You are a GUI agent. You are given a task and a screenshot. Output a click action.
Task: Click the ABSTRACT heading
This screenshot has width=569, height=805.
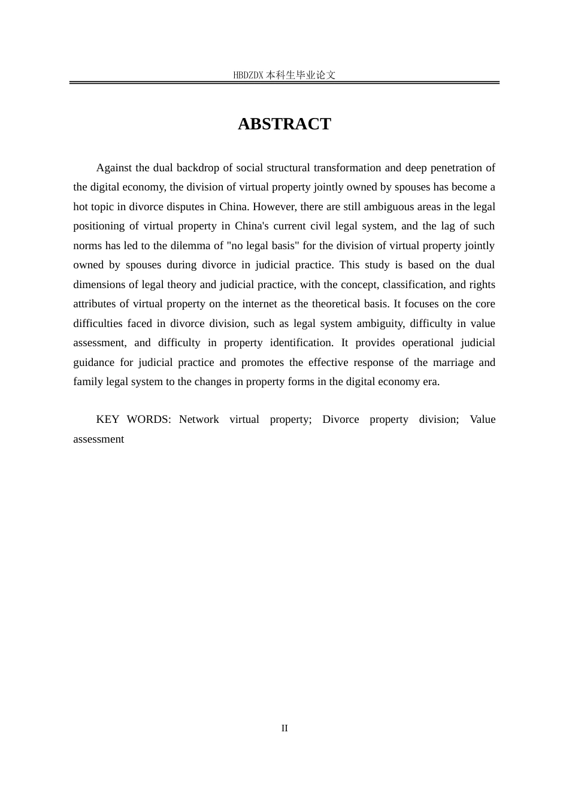coord(284,124)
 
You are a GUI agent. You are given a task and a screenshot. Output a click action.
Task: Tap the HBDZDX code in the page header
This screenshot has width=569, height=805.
coord(248,75)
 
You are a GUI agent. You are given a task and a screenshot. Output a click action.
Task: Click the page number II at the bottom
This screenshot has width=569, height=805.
coord(284,728)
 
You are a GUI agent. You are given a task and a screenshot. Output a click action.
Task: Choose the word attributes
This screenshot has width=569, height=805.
coord(96,304)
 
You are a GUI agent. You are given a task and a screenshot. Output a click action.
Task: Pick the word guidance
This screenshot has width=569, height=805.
coord(93,362)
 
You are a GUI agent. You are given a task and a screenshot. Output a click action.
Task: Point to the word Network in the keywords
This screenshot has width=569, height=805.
coord(199,419)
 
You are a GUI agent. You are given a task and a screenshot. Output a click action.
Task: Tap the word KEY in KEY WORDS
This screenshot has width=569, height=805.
coord(108,419)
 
